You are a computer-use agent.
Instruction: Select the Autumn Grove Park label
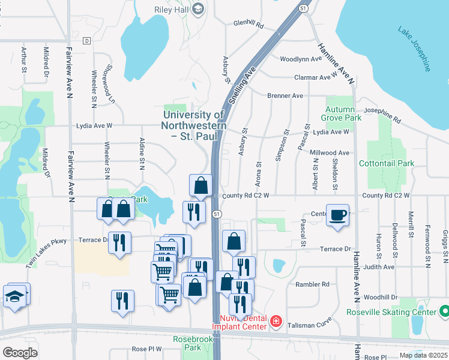point(344,113)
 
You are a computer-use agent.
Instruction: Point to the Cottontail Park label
point(387,163)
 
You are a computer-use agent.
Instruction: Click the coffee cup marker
point(338,215)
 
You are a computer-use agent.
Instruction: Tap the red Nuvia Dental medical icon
point(276,322)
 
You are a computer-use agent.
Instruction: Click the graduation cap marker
point(14,296)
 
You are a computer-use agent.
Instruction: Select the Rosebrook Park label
point(187,343)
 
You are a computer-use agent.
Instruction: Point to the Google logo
point(20,352)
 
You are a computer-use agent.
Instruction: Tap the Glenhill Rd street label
point(249,25)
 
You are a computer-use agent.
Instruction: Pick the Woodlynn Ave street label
point(301,59)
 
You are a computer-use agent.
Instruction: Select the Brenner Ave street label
point(285,95)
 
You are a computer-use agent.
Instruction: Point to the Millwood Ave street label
point(330,153)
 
